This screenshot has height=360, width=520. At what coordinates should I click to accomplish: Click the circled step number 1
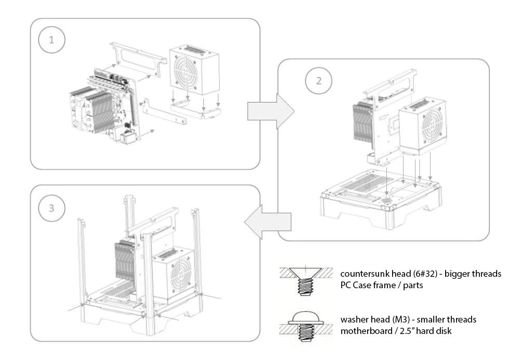click(50, 41)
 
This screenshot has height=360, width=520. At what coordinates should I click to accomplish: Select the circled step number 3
click(50, 209)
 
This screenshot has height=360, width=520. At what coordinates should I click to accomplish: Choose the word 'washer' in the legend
click(354, 319)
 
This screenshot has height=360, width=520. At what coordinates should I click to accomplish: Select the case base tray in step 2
click(380, 200)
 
